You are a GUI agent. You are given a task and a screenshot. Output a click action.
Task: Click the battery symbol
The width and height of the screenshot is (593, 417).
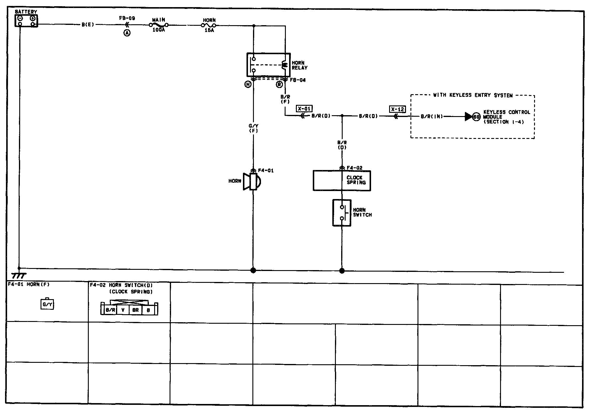click(26, 21)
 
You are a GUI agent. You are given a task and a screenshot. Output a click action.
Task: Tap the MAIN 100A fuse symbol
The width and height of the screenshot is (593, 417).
click(159, 25)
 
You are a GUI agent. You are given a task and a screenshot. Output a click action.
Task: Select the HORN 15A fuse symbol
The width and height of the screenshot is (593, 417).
click(209, 25)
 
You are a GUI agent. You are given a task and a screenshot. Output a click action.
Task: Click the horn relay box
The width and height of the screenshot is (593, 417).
click(268, 65)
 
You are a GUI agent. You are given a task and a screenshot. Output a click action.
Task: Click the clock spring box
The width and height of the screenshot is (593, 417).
click(342, 180)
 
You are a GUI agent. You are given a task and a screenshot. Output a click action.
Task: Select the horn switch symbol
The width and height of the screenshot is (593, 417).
click(342, 213)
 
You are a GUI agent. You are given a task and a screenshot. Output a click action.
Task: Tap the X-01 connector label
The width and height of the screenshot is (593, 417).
click(304, 109)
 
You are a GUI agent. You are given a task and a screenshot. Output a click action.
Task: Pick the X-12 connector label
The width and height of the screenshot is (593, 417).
click(397, 109)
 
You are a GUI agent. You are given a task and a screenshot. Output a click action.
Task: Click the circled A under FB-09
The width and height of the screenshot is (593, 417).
click(127, 33)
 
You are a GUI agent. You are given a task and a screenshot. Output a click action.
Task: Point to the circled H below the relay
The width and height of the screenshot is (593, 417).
click(248, 85)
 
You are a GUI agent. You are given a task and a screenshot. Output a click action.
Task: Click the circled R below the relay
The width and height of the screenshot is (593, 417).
click(279, 85)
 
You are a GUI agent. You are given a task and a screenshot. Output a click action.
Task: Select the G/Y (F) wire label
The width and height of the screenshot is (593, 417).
click(253, 128)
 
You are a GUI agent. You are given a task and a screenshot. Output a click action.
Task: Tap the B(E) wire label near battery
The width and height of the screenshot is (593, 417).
click(88, 25)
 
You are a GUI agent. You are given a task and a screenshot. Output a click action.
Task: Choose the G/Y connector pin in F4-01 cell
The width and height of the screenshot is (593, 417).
click(47, 304)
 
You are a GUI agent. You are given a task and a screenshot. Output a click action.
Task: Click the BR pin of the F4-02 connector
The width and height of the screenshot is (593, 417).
click(136, 310)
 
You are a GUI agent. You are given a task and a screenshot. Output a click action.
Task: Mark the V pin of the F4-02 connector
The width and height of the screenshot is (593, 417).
click(123, 310)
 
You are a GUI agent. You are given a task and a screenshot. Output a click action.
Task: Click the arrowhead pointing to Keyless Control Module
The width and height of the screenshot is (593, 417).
click(468, 117)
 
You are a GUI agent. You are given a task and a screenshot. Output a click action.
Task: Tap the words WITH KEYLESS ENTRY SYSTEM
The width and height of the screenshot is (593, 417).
click(473, 95)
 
